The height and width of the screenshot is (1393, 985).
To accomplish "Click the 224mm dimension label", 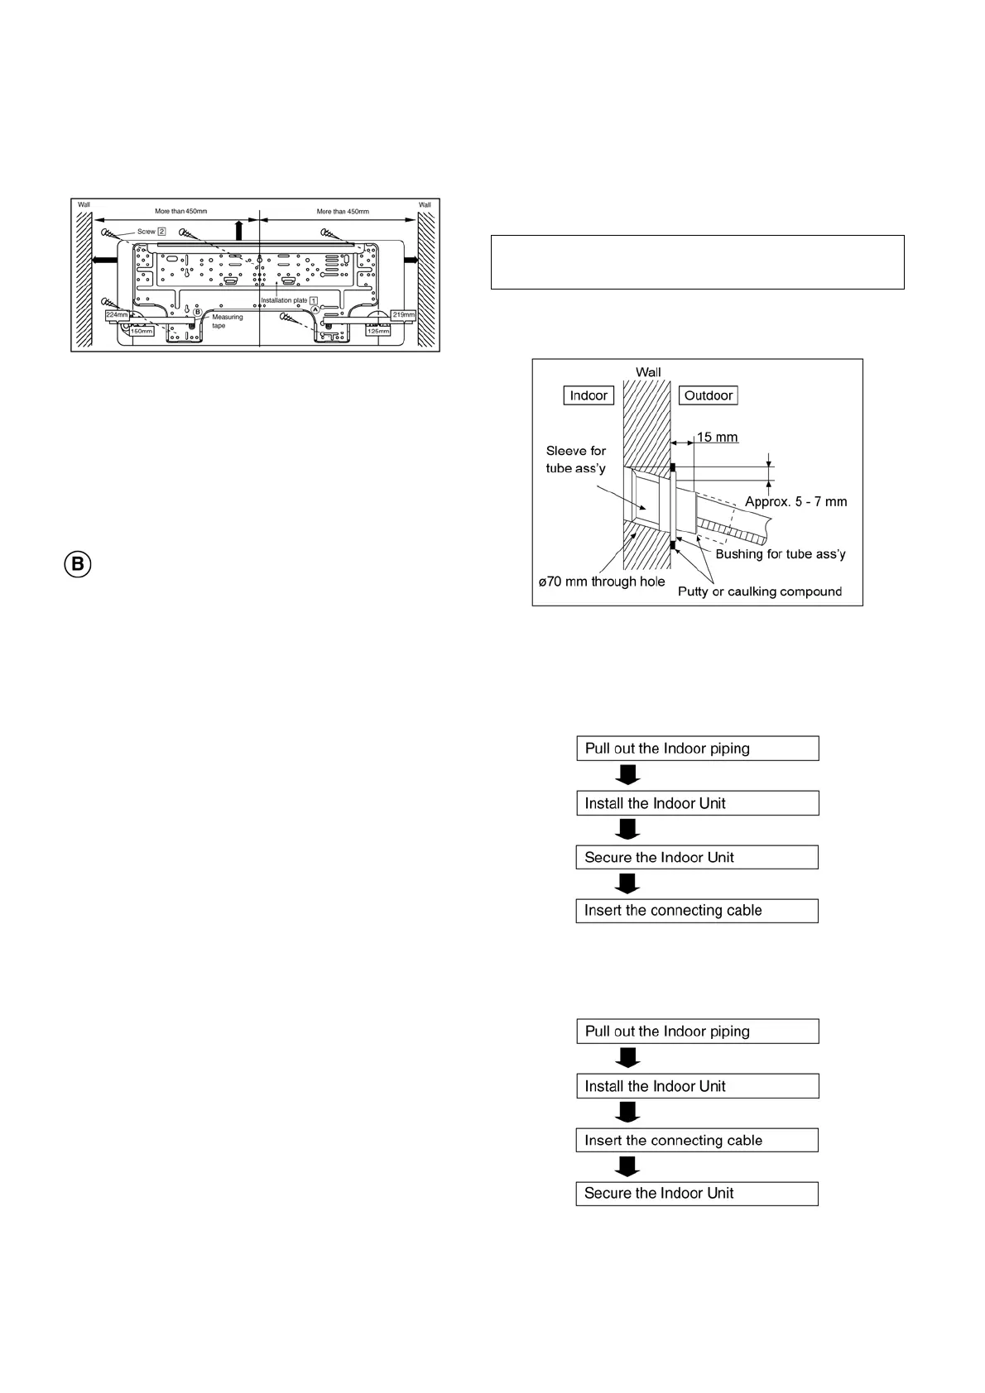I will (x=118, y=315).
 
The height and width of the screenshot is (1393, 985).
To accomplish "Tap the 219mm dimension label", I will (x=403, y=314).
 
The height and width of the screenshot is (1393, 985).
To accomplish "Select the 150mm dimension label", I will (x=142, y=332).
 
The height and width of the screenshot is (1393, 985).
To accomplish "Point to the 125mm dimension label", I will (x=377, y=331).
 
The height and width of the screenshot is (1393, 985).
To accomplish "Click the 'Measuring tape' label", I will (x=228, y=322).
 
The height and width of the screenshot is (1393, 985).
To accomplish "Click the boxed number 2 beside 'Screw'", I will (x=161, y=232).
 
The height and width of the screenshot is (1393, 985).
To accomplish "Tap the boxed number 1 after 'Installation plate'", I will (x=314, y=300).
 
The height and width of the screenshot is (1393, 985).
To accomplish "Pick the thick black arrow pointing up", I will (x=238, y=229).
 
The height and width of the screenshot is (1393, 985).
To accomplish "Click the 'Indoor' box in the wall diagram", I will (x=589, y=395).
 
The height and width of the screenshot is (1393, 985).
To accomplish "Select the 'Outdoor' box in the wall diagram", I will (x=709, y=395).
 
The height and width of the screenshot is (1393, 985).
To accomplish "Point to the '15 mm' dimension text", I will (x=717, y=438).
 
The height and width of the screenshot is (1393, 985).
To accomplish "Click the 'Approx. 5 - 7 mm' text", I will (x=795, y=501).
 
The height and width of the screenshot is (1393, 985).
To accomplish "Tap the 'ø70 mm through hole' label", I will (x=602, y=582).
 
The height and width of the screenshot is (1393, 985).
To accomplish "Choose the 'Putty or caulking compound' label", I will (x=759, y=591).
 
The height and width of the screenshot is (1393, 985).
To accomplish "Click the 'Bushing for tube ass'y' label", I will (x=780, y=554).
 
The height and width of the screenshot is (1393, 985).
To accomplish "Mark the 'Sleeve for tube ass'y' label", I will (x=575, y=459).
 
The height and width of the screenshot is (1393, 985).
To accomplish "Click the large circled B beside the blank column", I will (x=78, y=565).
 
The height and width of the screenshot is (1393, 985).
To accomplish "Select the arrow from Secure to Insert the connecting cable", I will (x=628, y=883).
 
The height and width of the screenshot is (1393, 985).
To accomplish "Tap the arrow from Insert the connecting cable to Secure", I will (x=628, y=1166).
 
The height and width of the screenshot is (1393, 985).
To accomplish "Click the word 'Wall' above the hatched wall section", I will (x=648, y=372).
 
